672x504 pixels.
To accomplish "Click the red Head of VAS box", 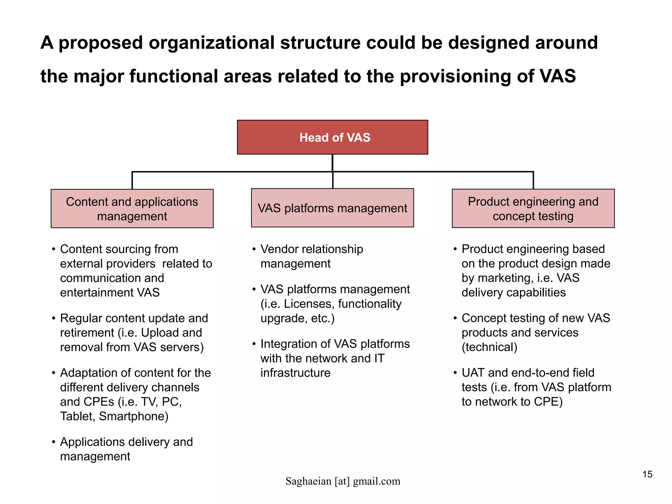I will [x=332, y=137].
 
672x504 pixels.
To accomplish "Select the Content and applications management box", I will [x=132, y=209].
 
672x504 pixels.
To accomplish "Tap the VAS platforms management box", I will [x=332, y=208].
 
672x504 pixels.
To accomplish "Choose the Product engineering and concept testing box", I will [x=533, y=208].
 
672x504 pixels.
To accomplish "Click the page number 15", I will [x=647, y=474].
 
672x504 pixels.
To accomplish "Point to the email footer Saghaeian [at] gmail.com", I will [x=343, y=481].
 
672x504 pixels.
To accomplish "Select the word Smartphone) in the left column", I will [x=134, y=416].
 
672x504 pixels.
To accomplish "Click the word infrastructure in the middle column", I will [x=295, y=373].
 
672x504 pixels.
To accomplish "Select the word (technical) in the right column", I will [x=489, y=347].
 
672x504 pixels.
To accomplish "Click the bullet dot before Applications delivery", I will [x=53, y=442].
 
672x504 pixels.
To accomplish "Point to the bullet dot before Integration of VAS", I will [x=254, y=344].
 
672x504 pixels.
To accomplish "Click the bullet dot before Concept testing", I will [x=455, y=318].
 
